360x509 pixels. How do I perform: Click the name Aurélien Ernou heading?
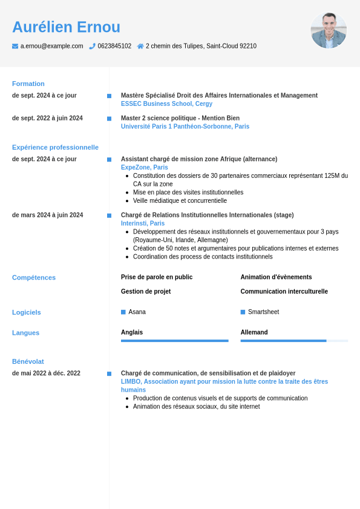[66, 27]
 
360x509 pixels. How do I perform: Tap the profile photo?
[329, 30]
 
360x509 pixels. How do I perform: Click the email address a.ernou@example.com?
[51, 46]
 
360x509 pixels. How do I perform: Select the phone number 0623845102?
[114, 46]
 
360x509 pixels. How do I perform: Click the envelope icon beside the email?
[15, 46]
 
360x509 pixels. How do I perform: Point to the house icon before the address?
[140, 46]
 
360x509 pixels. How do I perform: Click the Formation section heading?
[28, 84]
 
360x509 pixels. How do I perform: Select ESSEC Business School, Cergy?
[166, 103]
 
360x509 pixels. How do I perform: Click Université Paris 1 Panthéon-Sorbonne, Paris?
[185, 126]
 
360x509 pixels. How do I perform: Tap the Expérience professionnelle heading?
[55, 147]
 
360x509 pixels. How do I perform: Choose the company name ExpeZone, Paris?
[145, 167]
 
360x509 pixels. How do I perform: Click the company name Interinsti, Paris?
[143, 223]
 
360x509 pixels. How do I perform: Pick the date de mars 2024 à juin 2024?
[48, 215]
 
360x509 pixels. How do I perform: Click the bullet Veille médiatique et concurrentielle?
[180, 200]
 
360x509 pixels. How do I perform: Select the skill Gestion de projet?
[146, 291]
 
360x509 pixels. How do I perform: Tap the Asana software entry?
[137, 312]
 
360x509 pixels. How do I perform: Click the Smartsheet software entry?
[263, 312]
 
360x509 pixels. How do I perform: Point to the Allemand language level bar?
[293, 341]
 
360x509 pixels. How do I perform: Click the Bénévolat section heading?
[28, 361]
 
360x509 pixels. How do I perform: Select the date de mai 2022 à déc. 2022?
[46, 373]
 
